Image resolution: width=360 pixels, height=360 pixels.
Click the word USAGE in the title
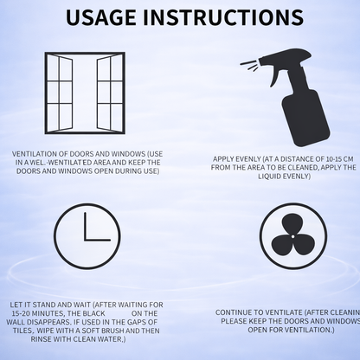pyautogui.click(x=107, y=17)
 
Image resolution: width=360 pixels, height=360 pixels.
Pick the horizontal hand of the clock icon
pyautogui.click(x=98, y=238)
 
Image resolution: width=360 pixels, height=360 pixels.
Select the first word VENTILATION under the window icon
pyautogui.click(x=32, y=153)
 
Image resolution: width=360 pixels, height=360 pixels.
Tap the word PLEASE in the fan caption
pyautogui.click(x=236, y=319)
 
